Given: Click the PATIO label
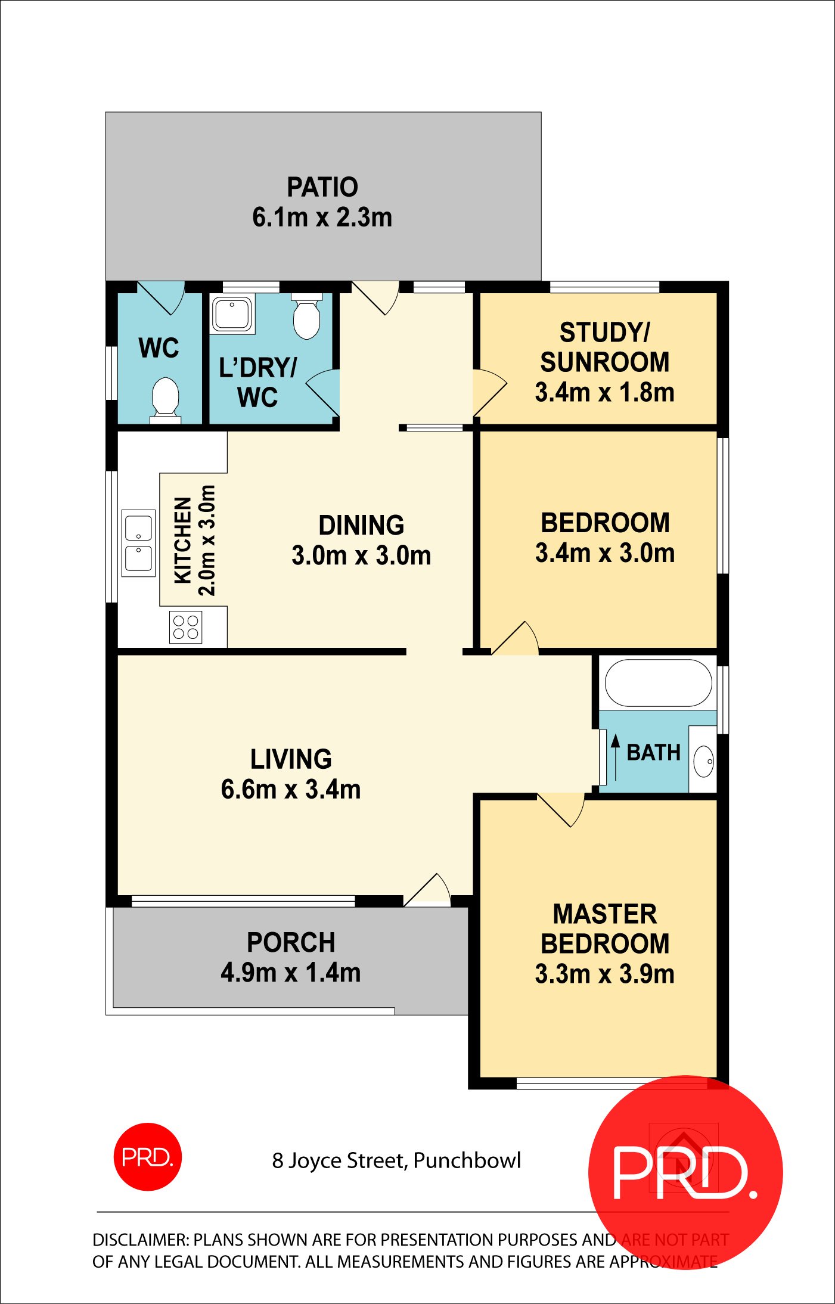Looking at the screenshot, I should [x=322, y=187].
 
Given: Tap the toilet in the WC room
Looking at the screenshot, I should [x=165, y=398].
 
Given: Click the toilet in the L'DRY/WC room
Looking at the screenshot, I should [x=306, y=318].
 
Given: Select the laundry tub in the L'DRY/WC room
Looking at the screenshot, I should [x=232, y=313].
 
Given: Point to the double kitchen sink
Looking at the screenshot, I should [x=138, y=543].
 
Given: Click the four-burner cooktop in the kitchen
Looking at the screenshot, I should [x=185, y=628].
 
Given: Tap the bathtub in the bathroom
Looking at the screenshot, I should [x=658, y=683].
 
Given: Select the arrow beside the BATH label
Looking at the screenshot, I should [x=616, y=757].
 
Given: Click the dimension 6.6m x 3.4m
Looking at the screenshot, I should [x=291, y=790].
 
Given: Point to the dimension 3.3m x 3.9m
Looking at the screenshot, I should [x=604, y=974].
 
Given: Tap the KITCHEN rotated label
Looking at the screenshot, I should [x=183, y=540].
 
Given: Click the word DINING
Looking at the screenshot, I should [x=361, y=526].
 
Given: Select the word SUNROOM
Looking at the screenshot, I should [x=604, y=362].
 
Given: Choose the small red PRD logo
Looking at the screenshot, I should [x=147, y=1157].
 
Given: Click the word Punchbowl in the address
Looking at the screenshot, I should [x=467, y=1160].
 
